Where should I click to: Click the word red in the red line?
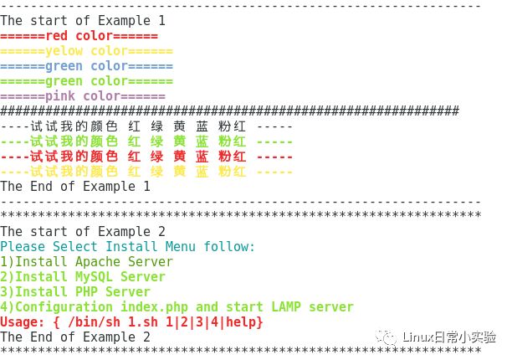click(57, 36)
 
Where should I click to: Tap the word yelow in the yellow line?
click(64, 51)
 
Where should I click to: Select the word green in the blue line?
click(64, 66)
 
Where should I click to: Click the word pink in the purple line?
click(60, 96)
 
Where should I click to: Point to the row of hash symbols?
click(229, 111)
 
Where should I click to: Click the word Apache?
click(98, 262)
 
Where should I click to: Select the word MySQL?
click(94, 277)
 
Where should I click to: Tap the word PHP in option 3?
click(86, 291)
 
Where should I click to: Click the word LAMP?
click(286, 306)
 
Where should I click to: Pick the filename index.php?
click(155, 307)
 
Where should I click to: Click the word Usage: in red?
click(23, 322)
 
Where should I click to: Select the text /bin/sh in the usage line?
click(94, 322)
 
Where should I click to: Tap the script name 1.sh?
click(143, 322)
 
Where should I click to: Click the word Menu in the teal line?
click(181, 246)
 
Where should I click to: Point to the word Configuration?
click(64, 307)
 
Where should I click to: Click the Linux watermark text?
click(449, 337)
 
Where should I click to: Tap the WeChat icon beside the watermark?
click(387, 337)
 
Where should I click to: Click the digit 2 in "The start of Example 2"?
click(161, 232)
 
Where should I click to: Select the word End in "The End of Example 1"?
click(42, 187)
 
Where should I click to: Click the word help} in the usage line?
click(244, 322)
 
